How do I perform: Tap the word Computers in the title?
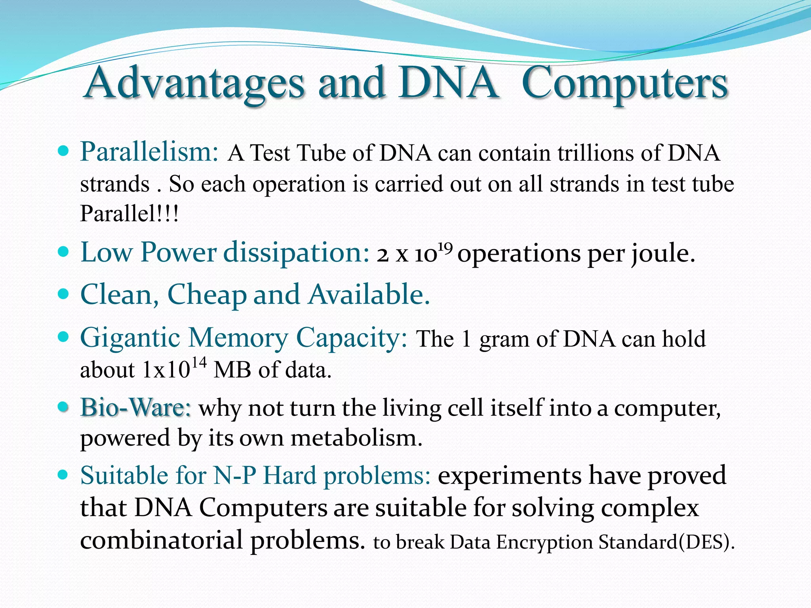(624, 84)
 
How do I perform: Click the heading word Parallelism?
(149, 152)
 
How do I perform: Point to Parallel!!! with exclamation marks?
(129, 214)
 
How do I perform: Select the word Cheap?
(207, 295)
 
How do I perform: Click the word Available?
(369, 294)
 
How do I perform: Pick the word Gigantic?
(130, 339)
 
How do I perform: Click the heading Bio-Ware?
(136, 407)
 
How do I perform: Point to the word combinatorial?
(161, 540)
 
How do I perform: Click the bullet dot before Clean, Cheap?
(63, 294)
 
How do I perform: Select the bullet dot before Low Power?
(63, 252)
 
